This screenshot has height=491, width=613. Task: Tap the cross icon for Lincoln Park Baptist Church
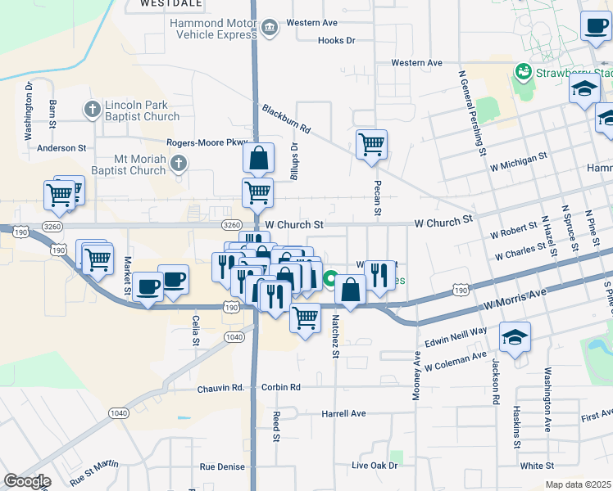(93, 109)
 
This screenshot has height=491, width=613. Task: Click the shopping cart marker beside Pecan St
(371, 144)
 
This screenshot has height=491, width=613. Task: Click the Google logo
(27, 481)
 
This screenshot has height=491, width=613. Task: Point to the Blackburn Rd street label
(287, 119)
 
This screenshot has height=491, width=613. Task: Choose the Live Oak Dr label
(374, 466)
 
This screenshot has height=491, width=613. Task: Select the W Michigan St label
(518, 161)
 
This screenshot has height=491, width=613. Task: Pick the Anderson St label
(61, 148)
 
